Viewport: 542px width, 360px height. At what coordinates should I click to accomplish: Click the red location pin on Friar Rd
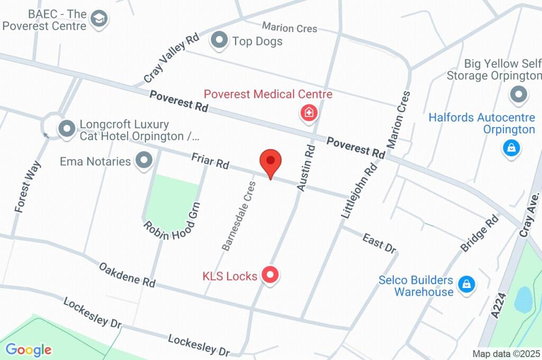coord(270,161)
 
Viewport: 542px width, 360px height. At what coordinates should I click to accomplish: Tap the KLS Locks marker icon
coord(271,275)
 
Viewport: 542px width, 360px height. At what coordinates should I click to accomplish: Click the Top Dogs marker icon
coord(219,40)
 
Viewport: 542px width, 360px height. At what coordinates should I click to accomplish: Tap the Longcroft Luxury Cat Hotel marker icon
coord(67,129)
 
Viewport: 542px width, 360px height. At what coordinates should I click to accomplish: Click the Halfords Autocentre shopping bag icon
coord(511,148)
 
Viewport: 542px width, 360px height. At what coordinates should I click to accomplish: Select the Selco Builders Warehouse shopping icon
coord(466,284)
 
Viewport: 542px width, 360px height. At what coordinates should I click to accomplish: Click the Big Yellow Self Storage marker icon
coord(519,95)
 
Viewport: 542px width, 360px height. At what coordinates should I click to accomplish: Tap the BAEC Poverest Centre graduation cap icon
coord(98,19)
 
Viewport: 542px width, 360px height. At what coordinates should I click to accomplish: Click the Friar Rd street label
coord(210,161)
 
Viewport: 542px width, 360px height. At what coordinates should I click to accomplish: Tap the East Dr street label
coord(380,243)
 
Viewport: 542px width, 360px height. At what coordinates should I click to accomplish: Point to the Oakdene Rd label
coord(127,274)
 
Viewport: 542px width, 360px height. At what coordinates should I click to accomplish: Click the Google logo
coord(29,349)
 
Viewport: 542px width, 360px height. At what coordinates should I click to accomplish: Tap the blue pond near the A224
coord(523,300)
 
